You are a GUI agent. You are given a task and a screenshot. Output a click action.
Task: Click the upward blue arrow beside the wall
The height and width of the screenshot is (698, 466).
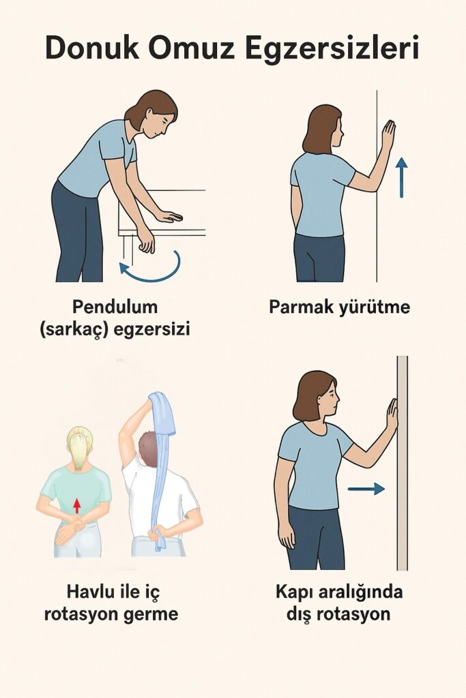coord(402,177)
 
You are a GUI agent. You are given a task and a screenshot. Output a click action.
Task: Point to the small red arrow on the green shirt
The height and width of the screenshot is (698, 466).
coord(77,506)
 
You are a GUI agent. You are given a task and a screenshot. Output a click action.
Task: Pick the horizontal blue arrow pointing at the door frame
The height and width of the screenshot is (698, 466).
coord(366,489)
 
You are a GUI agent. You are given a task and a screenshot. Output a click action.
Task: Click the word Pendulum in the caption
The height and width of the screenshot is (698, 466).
coord(115,307)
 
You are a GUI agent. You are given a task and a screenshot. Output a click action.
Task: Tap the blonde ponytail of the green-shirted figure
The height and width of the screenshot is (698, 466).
coord(79,451)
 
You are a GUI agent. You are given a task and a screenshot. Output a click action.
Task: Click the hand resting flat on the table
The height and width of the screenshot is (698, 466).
coord(169,216)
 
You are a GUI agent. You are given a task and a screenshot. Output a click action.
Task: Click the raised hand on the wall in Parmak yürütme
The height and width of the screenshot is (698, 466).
coord(388,136)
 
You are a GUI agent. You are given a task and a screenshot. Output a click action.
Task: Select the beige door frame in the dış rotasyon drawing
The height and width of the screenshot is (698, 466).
coord(403,463)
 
